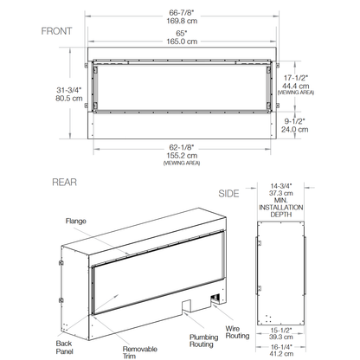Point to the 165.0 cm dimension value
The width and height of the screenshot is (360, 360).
tap(181, 40)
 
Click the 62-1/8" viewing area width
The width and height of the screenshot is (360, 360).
tap(181, 148)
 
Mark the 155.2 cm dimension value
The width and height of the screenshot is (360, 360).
tap(181, 157)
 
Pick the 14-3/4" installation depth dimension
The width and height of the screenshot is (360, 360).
tap(281, 186)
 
